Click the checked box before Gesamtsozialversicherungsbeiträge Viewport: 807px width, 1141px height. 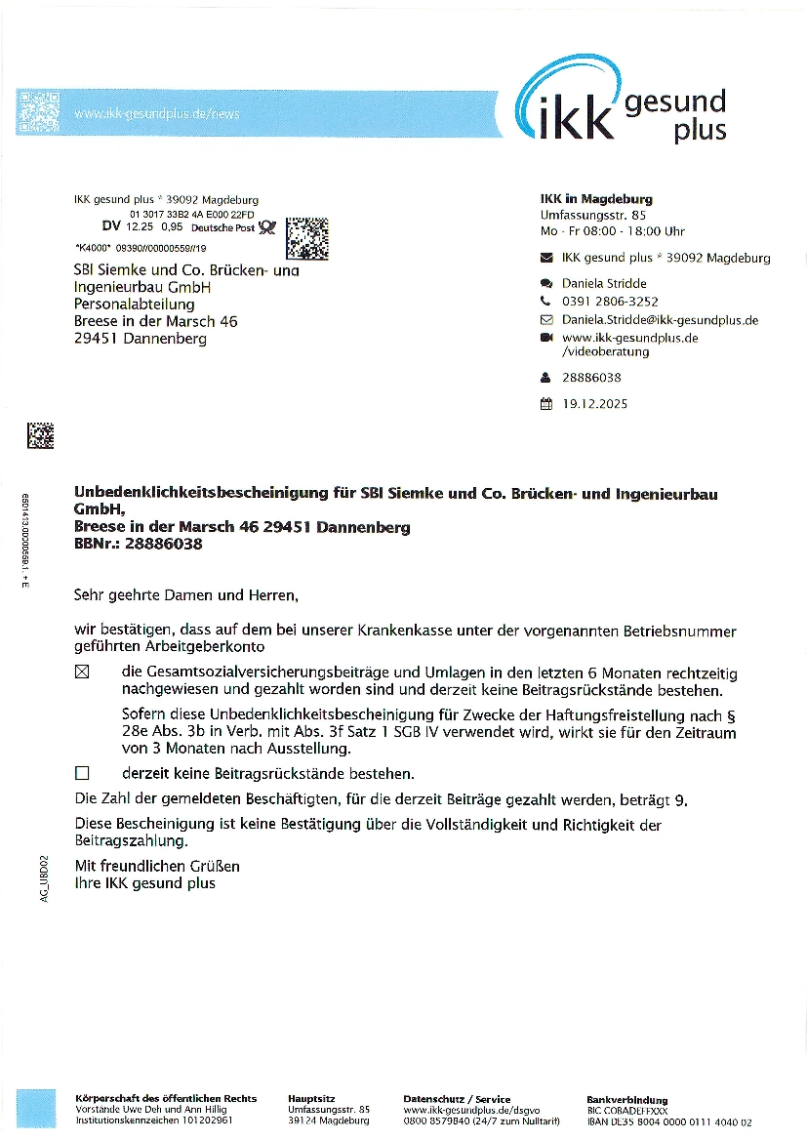tap(82, 672)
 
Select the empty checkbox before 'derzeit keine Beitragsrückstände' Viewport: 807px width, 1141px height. tap(82, 773)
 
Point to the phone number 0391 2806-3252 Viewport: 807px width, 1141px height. tap(610, 302)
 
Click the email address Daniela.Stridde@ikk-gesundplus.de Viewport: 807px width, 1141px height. tap(660, 320)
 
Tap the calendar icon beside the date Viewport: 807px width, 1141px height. tap(545, 403)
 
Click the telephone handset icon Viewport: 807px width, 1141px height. tap(545, 302)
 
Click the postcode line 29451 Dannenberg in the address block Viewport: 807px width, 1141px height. tap(140, 339)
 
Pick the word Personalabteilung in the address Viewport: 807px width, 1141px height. tap(135, 304)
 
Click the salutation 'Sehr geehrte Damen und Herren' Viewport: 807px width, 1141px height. tap(184, 592)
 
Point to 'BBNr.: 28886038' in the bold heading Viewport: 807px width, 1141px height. tap(138, 544)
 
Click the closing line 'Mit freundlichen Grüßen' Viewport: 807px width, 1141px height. tap(157, 866)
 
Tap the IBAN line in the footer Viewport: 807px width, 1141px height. tap(668, 1122)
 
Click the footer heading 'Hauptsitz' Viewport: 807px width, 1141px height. tap(313, 1099)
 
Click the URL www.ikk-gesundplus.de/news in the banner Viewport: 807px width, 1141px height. tap(156, 114)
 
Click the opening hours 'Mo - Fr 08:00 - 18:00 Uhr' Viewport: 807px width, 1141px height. tap(613, 231)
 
